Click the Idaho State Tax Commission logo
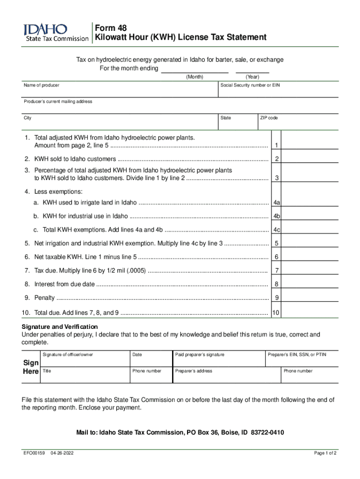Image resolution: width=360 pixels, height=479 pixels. coord(56,33)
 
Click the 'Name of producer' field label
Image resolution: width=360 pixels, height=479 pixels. coord(42,86)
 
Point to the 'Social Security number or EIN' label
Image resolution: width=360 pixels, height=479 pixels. coord(250,86)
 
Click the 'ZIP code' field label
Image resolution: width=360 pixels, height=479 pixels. coord(269,118)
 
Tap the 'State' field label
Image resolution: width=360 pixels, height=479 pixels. coord(226,118)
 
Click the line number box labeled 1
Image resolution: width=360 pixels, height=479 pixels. coord(277,145)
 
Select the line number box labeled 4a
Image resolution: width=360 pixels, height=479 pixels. coord(277,203)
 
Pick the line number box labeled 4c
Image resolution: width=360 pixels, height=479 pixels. coord(277,230)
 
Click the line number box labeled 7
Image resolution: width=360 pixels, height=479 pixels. coord(277,270)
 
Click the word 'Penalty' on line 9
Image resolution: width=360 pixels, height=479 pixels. coord(44,298)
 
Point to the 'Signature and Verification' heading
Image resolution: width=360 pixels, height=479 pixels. coord(60,327)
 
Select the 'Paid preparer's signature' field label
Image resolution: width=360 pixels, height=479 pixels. coord(200,355)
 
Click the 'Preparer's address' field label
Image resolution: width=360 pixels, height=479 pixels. coord(194,371)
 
